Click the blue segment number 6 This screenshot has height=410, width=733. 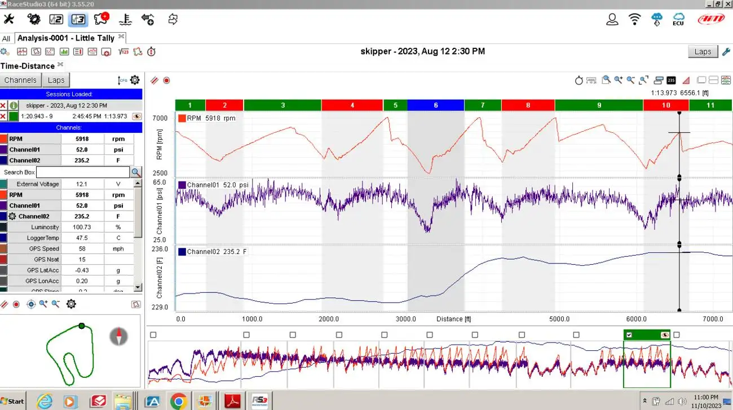pos(435,105)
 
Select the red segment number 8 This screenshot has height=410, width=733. pos(528,105)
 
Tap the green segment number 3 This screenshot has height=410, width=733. pos(282,105)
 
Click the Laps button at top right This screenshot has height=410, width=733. pos(703,52)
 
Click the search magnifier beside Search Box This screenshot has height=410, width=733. pos(136,172)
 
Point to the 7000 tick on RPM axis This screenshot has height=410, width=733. pos(160,118)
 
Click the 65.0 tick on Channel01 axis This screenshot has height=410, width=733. pos(160,183)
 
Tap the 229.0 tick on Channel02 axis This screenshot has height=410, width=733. pos(160,307)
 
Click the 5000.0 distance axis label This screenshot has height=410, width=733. pos(559,319)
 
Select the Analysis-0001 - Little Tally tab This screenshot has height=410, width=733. pos(66,38)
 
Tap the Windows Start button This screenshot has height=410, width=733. pos(13,401)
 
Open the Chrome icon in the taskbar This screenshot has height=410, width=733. pos(179,402)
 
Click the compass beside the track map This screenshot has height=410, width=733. pos(118,336)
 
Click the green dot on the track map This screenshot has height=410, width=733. pos(82,326)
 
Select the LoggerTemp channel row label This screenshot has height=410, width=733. pos(43,238)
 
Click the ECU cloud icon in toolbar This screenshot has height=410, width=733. pos(678,19)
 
